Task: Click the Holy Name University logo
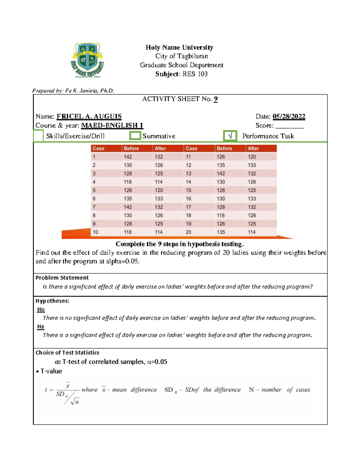tap(87, 60)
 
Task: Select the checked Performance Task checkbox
tap(230, 136)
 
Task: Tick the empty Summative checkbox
tap(135, 136)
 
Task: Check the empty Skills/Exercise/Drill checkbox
tap(38, 136)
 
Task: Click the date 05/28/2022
tap(289, 116)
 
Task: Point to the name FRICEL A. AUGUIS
tap(89, 116)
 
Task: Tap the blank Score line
tap(290, 126)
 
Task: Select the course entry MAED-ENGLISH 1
tap(112, 126)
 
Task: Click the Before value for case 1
tap(128, 157)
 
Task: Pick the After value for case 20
tap(251, 232)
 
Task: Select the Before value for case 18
tap(221, 215)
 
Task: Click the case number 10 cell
tap(96, 232)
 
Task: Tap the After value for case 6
tap(159, 199)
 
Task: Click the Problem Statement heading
tap(62, 278)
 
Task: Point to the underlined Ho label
tap(41, 309)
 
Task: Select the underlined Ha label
tap(41, 327)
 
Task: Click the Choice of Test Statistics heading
tap(67, 352)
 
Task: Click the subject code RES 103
tap(195, 74)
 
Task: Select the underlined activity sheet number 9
tap(216, 99)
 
